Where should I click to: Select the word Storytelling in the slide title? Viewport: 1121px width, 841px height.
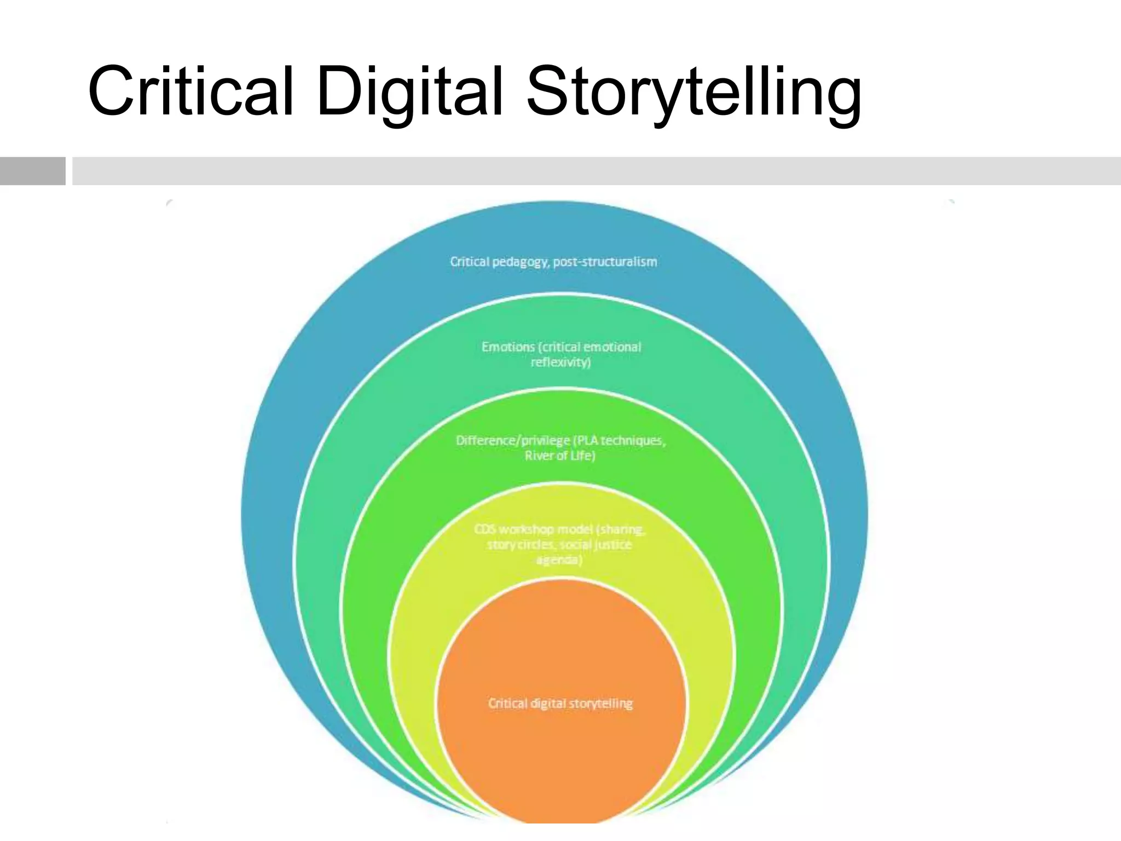(694, 93)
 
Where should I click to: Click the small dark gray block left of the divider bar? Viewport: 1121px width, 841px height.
(32, 171)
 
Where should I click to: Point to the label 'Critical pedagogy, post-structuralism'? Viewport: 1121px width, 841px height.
(553, 262)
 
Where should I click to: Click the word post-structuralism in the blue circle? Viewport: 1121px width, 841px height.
(605, 262)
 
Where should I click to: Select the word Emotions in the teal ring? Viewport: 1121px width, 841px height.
(507, 347)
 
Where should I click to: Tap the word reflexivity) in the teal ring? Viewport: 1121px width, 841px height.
(560, 362)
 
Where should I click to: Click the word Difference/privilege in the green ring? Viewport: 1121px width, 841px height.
(512, 441)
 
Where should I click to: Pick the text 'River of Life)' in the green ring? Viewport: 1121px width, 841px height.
(559, 456)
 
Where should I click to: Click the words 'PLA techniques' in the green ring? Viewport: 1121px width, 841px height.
(620, 441)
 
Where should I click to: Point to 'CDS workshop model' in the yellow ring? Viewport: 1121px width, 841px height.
(534, 529)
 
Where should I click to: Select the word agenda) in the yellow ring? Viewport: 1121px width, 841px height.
(558, 560)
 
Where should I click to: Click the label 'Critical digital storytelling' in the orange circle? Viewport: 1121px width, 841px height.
(560, 704)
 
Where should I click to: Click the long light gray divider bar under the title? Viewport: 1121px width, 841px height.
(597, 171)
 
